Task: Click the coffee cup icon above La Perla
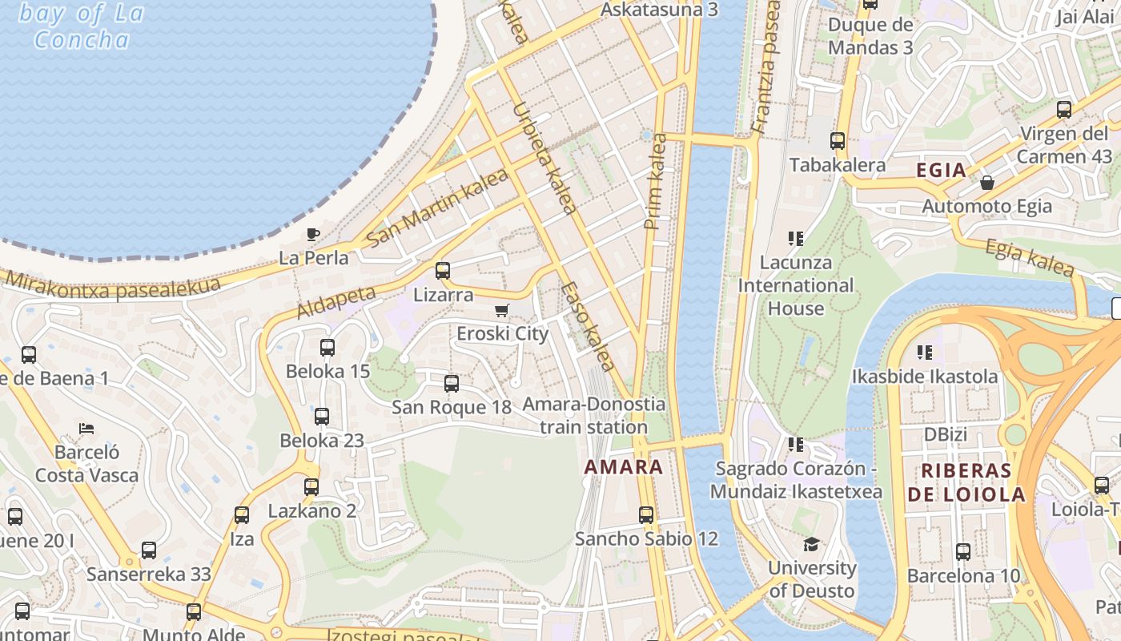point(313,234)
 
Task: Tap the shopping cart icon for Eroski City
point(502,310)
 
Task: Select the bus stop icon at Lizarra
point(443,271)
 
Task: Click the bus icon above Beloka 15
point(327,348)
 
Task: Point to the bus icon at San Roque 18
point(452,384)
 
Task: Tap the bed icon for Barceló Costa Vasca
point(86,429)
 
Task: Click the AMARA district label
point(624,467)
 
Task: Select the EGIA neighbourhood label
point(941,170)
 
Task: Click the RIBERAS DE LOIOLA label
point(966,482)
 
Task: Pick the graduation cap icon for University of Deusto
point(812,544)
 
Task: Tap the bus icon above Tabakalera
point(838,141)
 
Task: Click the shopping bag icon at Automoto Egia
point(987,183)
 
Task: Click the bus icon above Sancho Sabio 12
point(646,515)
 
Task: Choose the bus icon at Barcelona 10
point(963,552)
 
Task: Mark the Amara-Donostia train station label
point(593,415)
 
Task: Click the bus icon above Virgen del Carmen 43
point(1064,110)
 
